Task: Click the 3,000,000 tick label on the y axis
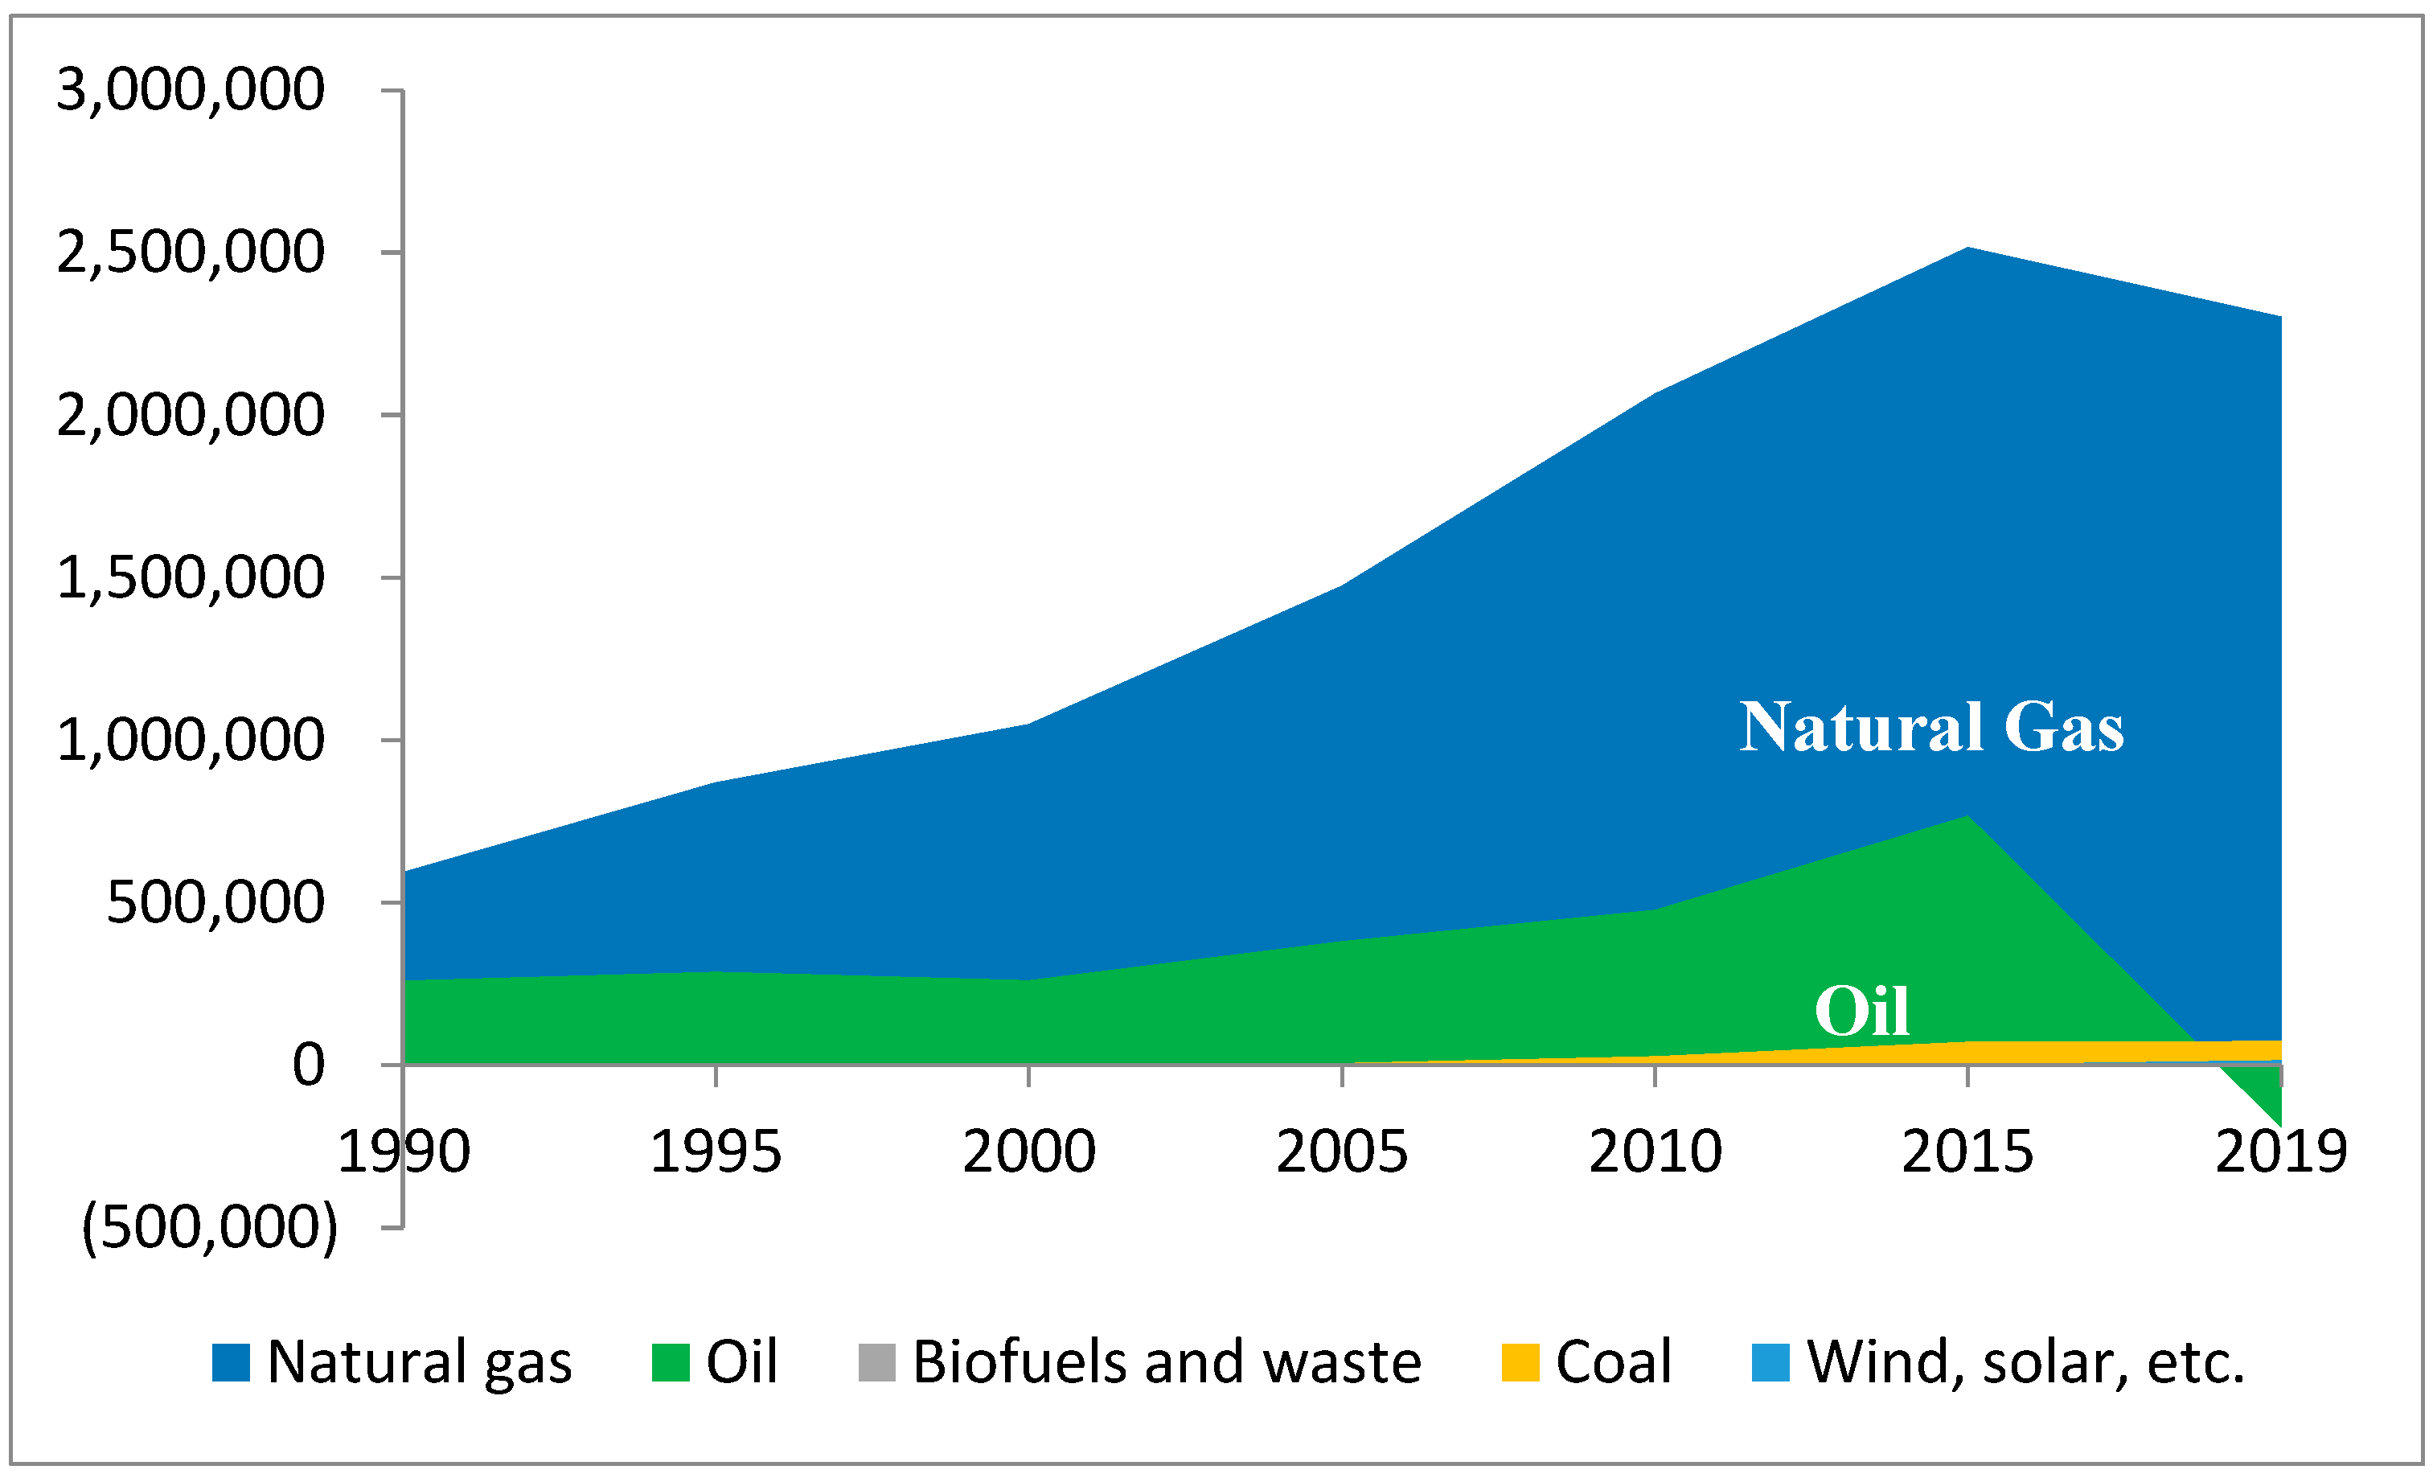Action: [x=190, y=90]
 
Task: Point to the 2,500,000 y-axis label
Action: [x=190, y=252]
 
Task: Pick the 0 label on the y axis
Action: [x=308, y=1065]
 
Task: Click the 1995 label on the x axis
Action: [x=715, y=1152]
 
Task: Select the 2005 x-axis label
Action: [x=1341, y=1152]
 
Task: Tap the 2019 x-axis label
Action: [x=2280, y=1152]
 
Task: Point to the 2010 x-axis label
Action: [x=1655, y=1152]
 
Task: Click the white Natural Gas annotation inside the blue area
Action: [x=1930, y=728]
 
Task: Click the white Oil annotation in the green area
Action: [x=1861, y=1011]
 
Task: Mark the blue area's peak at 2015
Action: [x=1968, y=250]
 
